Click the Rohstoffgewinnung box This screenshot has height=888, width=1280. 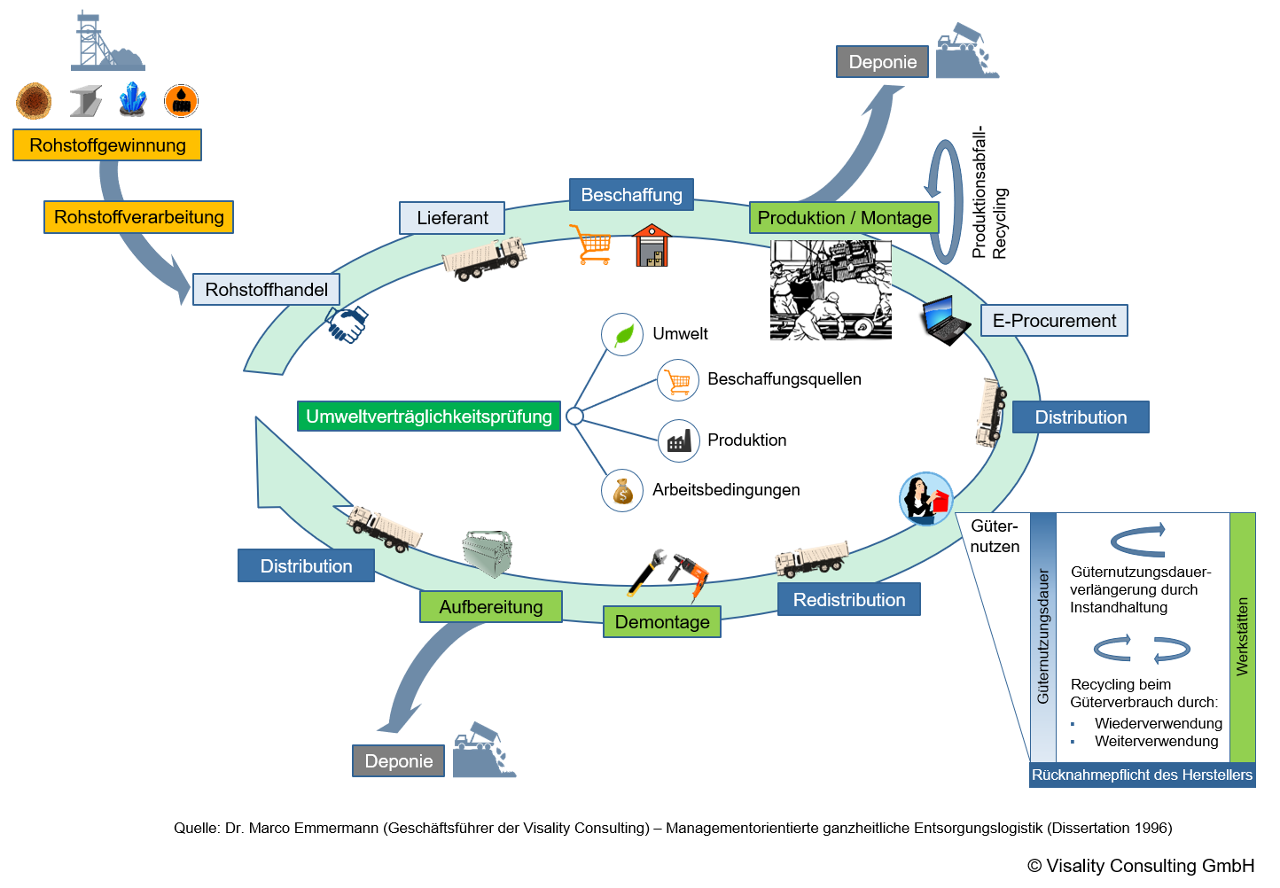click(x=107, y=145)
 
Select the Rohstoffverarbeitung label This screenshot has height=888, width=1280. click(x=139, y=217)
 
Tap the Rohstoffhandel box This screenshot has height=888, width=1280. click(x=266, y=290)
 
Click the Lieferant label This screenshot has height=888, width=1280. click(x=452, y=218)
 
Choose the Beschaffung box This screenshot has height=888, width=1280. click(x=631, y=195)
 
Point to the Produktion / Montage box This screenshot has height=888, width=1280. click(x=844, y=218)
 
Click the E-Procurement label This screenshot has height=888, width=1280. click(x=1054, y=321)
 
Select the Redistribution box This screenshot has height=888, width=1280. click(x=849, y=599)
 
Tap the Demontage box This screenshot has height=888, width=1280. click(x=662, y=622)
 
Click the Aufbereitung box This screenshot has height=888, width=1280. click(x=491, y=607)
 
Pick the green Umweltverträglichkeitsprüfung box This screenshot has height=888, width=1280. click(x=428, y=416)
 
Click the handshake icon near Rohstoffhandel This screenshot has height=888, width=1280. click(x=347, y=324)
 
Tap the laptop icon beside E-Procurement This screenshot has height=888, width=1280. click(x=946, y=320)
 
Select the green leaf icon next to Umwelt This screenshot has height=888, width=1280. click(x=623, y=334)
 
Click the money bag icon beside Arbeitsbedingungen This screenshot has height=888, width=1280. click(x=623, y=491)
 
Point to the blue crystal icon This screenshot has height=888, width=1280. click(x=133, y=99)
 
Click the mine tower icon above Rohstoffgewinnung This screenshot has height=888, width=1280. click(x=106, y=41)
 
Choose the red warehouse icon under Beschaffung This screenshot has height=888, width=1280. click(x=652, y=245)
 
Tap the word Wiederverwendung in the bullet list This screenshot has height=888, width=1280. click(x=1159, y=723)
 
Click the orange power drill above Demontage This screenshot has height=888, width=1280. click(x=691, y=573)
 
